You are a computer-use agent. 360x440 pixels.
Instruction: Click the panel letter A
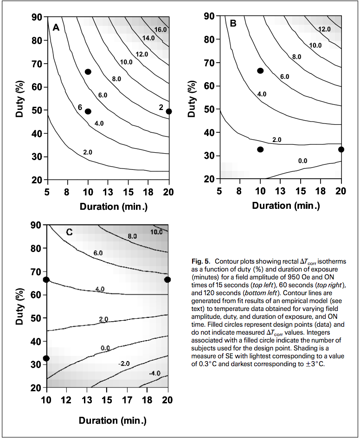(56, 27)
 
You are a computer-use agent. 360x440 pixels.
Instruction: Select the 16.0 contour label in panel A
(160, 29)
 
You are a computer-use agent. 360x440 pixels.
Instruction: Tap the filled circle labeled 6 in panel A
(88, 111)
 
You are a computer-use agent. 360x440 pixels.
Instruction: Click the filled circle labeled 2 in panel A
(169, 111)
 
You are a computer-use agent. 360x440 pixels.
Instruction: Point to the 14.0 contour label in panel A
(148, 38)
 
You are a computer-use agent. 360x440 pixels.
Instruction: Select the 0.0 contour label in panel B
(302, 161)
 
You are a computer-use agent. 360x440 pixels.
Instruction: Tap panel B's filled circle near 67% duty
(260, 71)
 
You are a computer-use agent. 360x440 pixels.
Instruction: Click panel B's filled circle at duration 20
(341, 149)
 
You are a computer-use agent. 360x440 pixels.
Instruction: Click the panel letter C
(69, 232)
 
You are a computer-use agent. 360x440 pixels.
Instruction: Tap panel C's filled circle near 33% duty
(46, 358)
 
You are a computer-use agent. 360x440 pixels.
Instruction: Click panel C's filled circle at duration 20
(167, 279)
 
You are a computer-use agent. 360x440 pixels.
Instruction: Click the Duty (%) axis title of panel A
(19, 99)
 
